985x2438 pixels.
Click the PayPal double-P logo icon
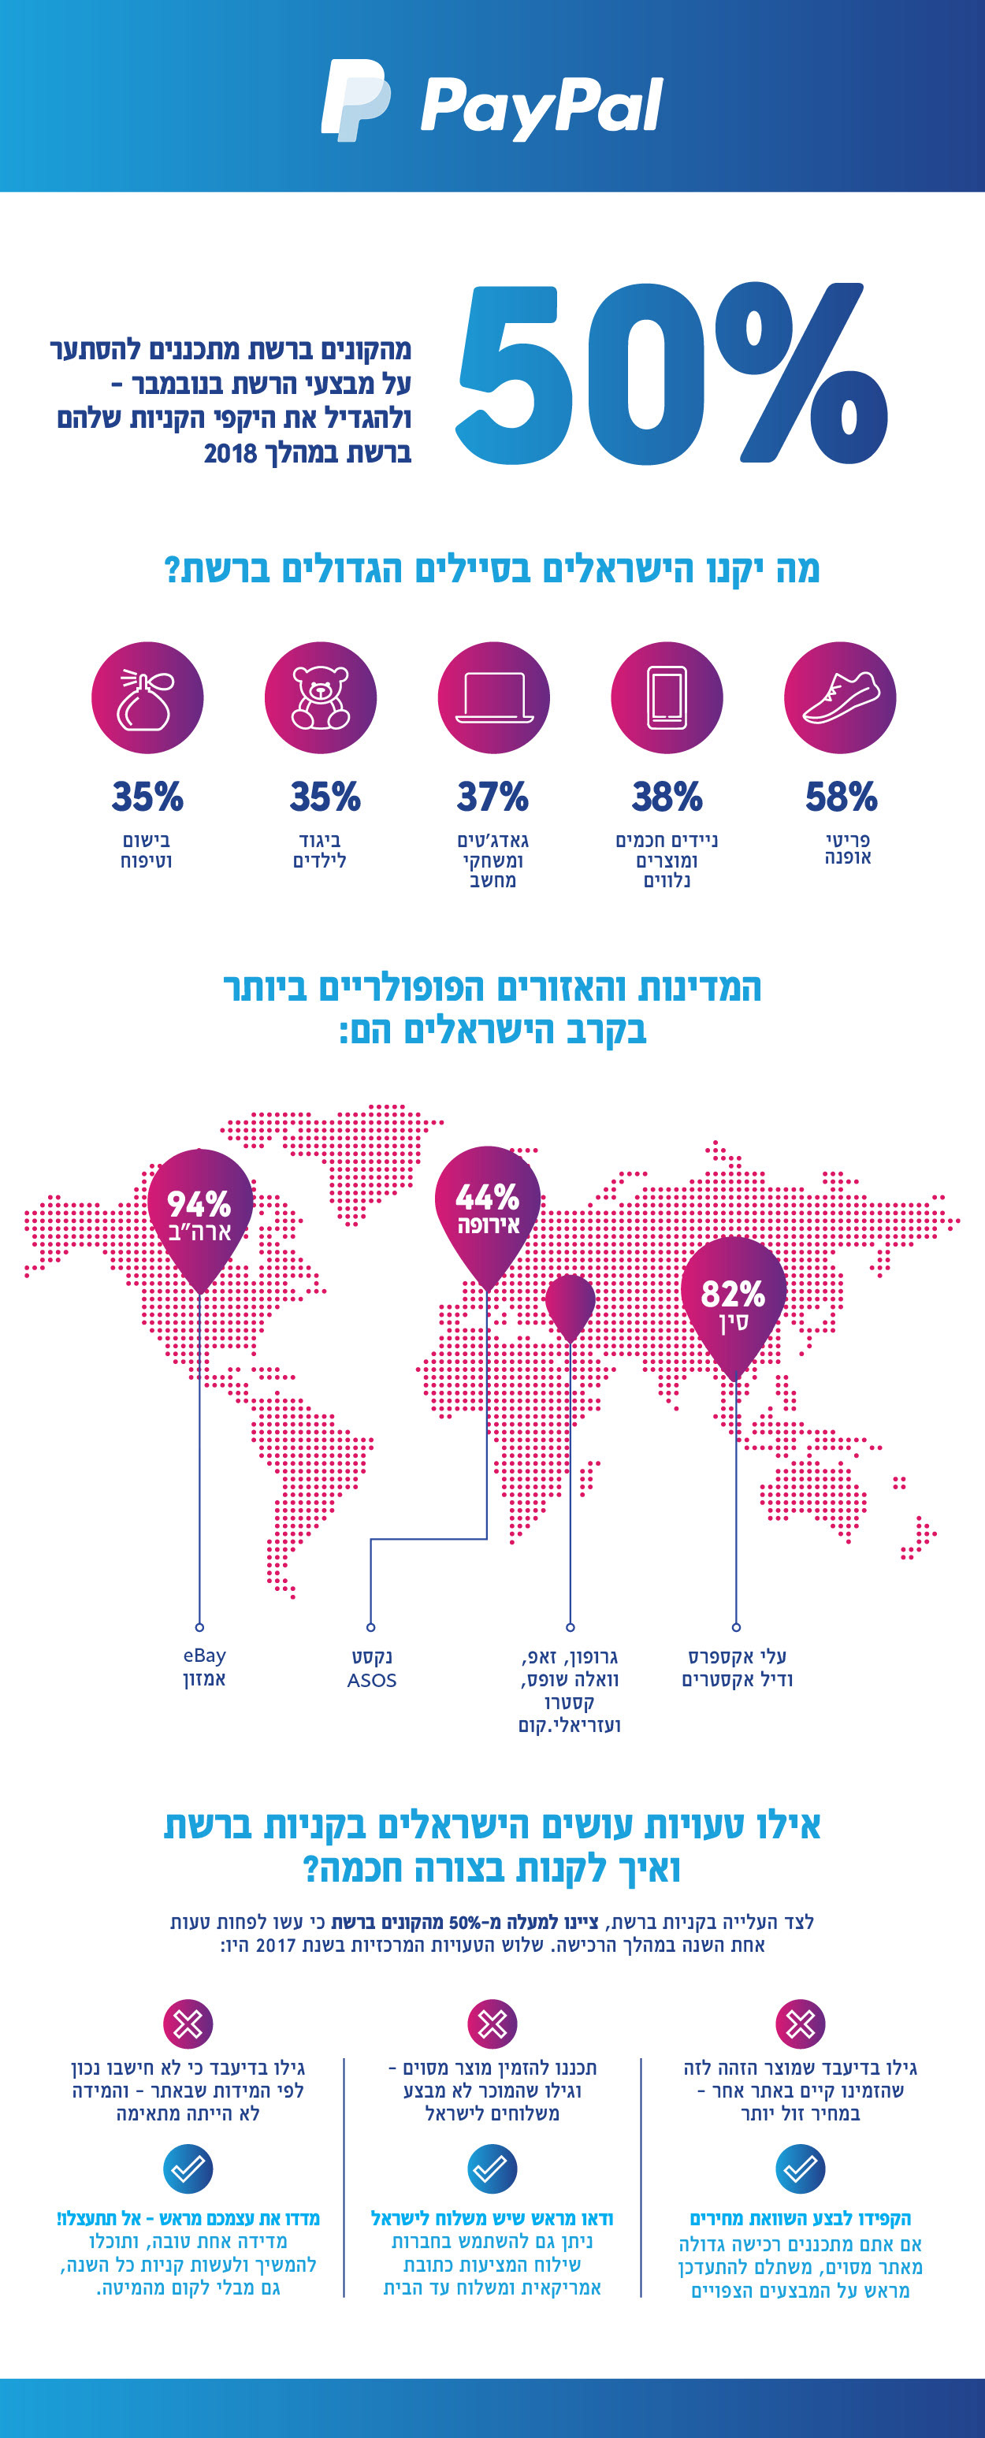click(355, 99)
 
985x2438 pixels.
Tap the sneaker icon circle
click(839, 697)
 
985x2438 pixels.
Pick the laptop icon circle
click(493, 697)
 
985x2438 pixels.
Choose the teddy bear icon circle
click(320, 697)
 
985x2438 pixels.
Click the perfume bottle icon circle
click(147, 697)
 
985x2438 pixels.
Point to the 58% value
click(840, 797)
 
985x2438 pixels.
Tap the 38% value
click(667, 797)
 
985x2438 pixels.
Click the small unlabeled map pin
click(570, 1304)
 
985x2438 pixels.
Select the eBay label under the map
click(204, 1656)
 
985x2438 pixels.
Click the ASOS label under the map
click(371, 1680)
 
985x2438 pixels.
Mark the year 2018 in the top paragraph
click(231, 453)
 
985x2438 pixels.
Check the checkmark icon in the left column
click(188, 2169)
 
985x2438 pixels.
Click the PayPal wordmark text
click(541, 106)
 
